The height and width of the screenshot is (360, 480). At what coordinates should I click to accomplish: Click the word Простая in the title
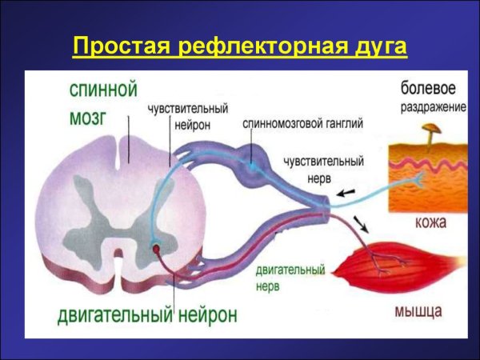120,46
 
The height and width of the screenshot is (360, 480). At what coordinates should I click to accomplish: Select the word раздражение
429,106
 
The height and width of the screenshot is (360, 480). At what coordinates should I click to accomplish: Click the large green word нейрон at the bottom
206,314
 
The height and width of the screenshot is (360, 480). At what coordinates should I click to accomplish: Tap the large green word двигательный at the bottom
114,314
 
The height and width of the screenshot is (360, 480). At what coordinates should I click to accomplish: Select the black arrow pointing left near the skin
346,193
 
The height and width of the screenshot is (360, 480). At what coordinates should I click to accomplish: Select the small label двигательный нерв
290,278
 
